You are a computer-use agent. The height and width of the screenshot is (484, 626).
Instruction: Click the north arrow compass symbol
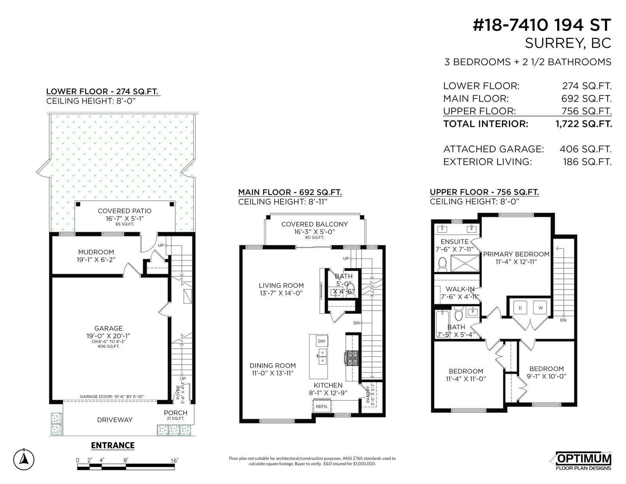[24, 459]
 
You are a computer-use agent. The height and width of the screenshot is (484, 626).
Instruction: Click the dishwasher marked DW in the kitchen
[322, 341]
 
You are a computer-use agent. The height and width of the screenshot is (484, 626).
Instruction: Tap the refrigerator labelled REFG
[322, 406]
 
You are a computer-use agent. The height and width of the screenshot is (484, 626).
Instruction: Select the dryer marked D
[520, 308]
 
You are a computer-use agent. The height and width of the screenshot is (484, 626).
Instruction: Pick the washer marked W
[540, 308]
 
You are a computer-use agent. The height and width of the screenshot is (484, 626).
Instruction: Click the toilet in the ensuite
[442, 264]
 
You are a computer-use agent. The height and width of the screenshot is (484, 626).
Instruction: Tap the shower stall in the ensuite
[465, 263]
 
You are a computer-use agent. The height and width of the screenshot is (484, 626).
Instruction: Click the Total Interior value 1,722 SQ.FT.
[584, 124]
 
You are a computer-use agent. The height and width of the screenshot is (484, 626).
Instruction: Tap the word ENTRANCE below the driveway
[113, 445]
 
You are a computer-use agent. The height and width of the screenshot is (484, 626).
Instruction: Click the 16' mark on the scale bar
[174, 461]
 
